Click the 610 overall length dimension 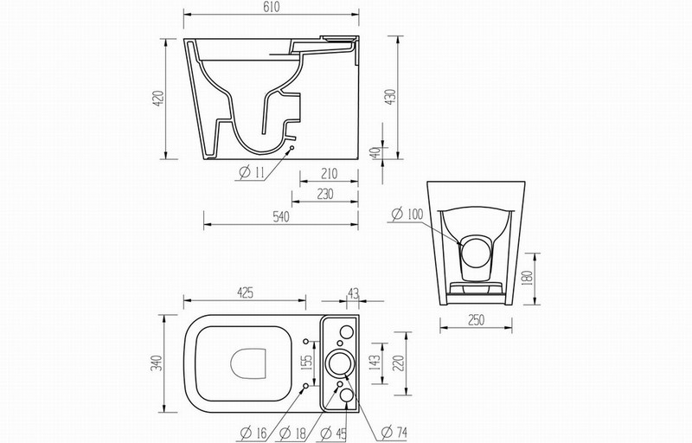[272, 8]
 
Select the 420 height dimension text [158, 98]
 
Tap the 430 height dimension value [391, 97]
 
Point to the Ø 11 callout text [251, 172]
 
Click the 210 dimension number [329, 174]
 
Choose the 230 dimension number [325, 194]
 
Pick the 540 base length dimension [280, 216]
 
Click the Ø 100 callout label [407, 215]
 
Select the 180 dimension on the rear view [527, 278]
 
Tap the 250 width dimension [476, 320]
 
